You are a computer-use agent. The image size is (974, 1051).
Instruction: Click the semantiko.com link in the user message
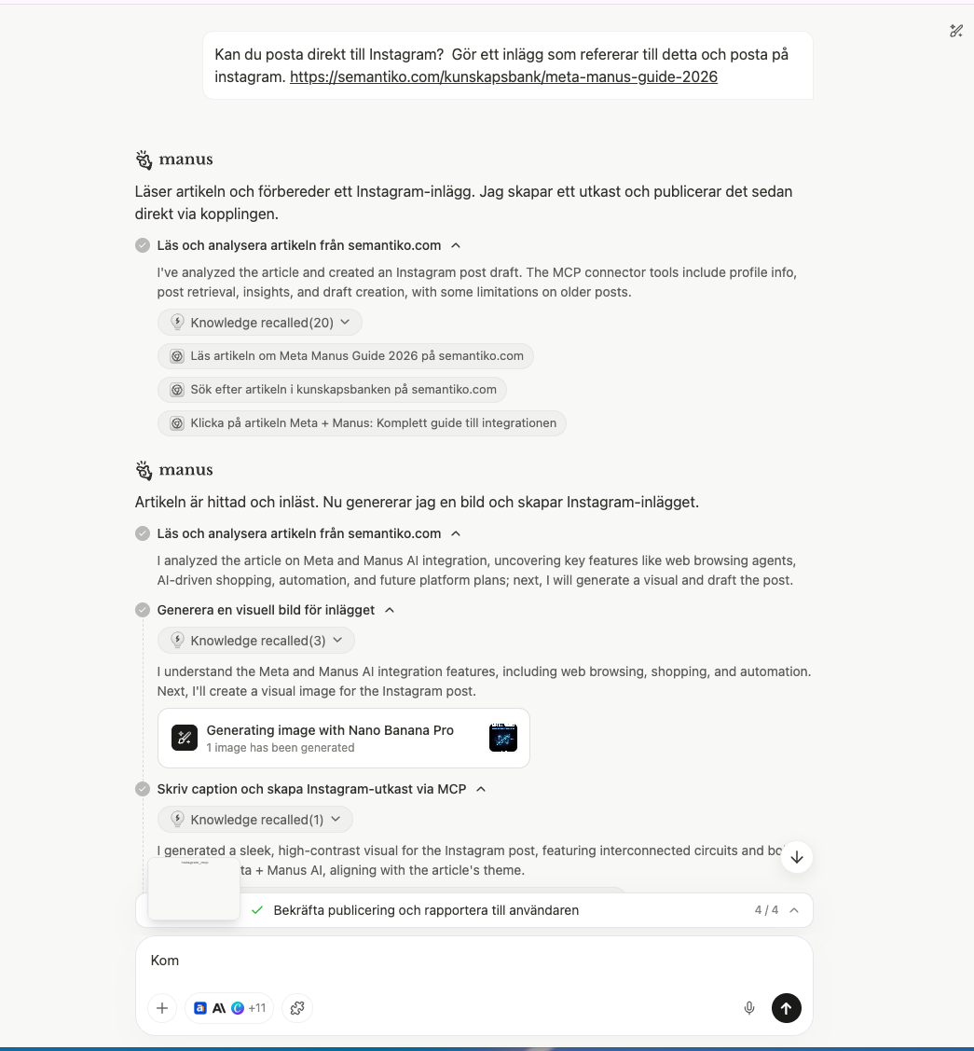point(503,77)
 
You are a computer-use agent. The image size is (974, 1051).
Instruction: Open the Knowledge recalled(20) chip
point(259,323)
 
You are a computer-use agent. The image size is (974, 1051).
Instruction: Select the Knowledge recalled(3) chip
point(255,641)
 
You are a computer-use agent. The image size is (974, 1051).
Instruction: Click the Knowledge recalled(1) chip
point(254,820)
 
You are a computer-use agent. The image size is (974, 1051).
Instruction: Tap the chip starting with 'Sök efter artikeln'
point(333,389)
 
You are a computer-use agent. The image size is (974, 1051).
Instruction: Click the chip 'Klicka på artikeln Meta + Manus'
point(362,422)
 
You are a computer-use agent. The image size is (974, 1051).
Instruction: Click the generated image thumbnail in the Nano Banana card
point(503,738)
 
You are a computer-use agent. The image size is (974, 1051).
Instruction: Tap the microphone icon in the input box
point(748,1008)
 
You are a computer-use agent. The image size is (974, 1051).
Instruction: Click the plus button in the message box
point(162,1008)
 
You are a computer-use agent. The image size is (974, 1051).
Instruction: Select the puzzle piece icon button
point(297,1008)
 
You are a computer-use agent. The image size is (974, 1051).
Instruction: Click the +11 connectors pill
point(229,1008)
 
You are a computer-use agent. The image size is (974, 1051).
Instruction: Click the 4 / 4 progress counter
point(766,910)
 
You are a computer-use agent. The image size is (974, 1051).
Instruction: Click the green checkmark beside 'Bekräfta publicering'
point(257,910)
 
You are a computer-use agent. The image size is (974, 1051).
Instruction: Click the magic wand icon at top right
point(955,31)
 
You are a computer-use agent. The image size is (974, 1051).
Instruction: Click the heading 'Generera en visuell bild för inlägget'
point(266,610)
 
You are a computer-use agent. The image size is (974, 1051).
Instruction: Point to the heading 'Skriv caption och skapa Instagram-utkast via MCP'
point(311,789)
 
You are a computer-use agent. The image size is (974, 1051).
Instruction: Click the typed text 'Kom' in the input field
point(165,961)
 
